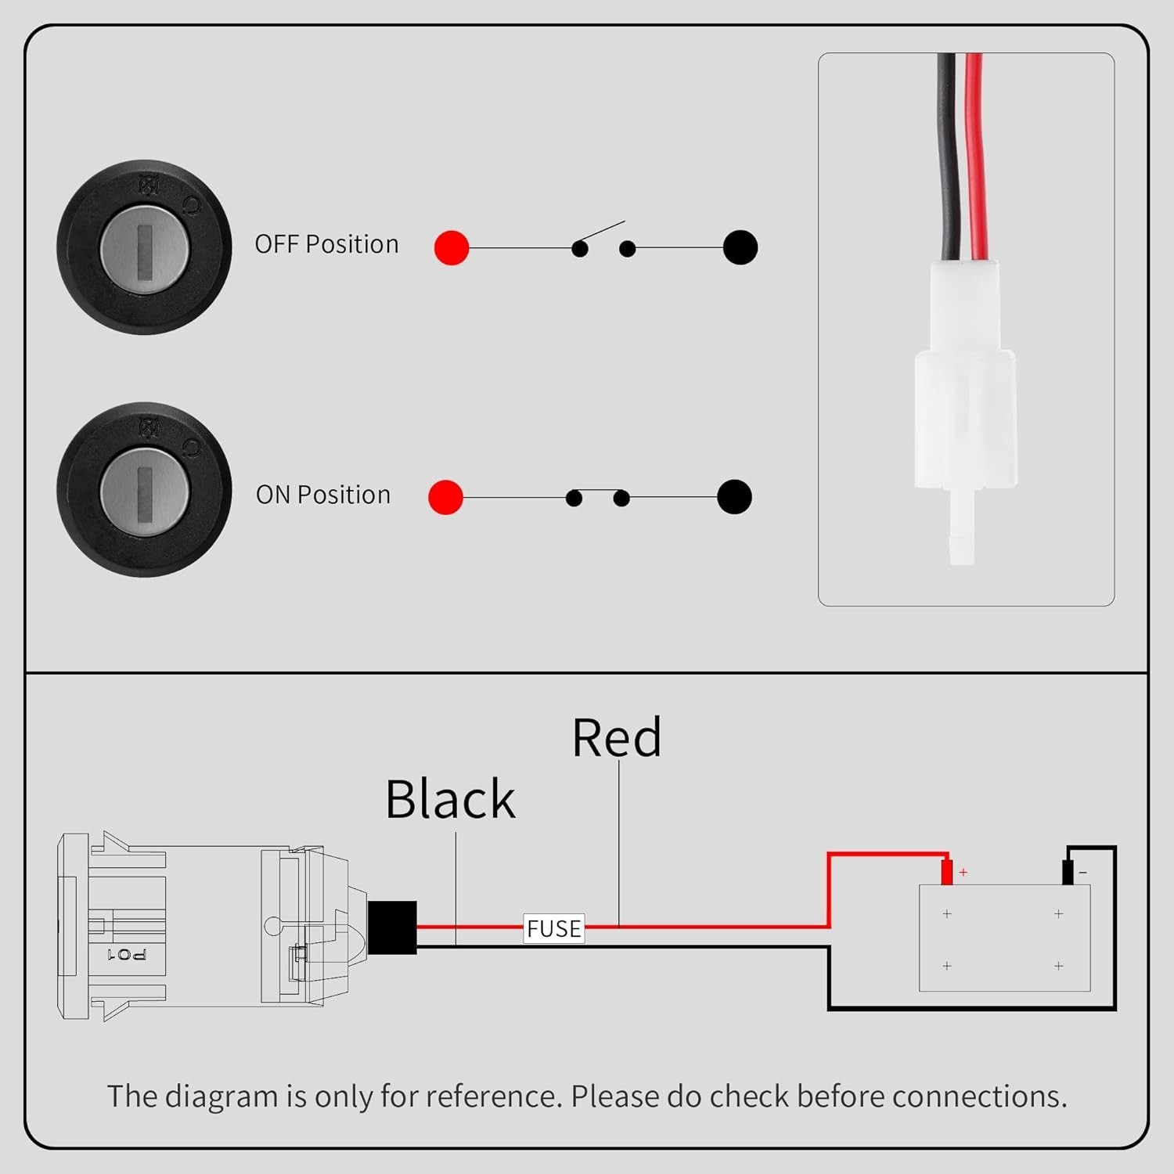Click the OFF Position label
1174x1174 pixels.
tap(326, 244)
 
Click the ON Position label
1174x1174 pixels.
tap(322, 495)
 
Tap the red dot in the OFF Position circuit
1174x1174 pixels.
tap(452, 248)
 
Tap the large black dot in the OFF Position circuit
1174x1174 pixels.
tap(740, 248)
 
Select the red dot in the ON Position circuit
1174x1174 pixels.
tap(445, 497)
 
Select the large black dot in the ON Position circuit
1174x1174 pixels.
tap(734, 497)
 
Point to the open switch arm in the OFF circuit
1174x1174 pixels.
tap(601, 232)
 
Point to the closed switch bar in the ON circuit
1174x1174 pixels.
tap(598, 492)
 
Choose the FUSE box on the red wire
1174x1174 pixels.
tap(554, 928)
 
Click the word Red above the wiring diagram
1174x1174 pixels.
tap(617, 738)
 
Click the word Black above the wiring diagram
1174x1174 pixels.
tap(451, 800)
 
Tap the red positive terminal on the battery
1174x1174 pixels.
tap(946, 871)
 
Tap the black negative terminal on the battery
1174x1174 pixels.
tap(1067, 872)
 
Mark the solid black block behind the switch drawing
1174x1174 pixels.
tap(392, 927)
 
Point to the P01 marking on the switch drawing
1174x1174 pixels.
tap(126, 954)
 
